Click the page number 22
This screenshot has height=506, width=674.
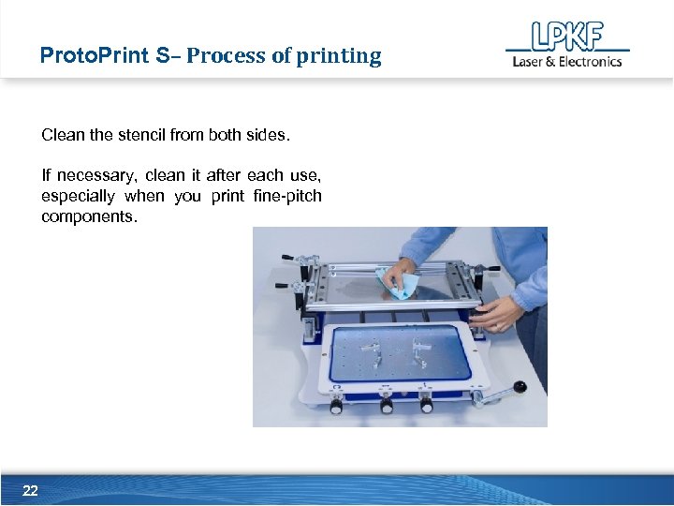click(30, 490)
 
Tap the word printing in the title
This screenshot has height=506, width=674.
click(339, 56)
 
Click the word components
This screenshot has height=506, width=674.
click(89, 216)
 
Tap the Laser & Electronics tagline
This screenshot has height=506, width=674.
click(566, 62)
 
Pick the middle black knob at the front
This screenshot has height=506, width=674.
click(386, 406)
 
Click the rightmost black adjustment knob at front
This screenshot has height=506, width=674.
click(426, 405)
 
